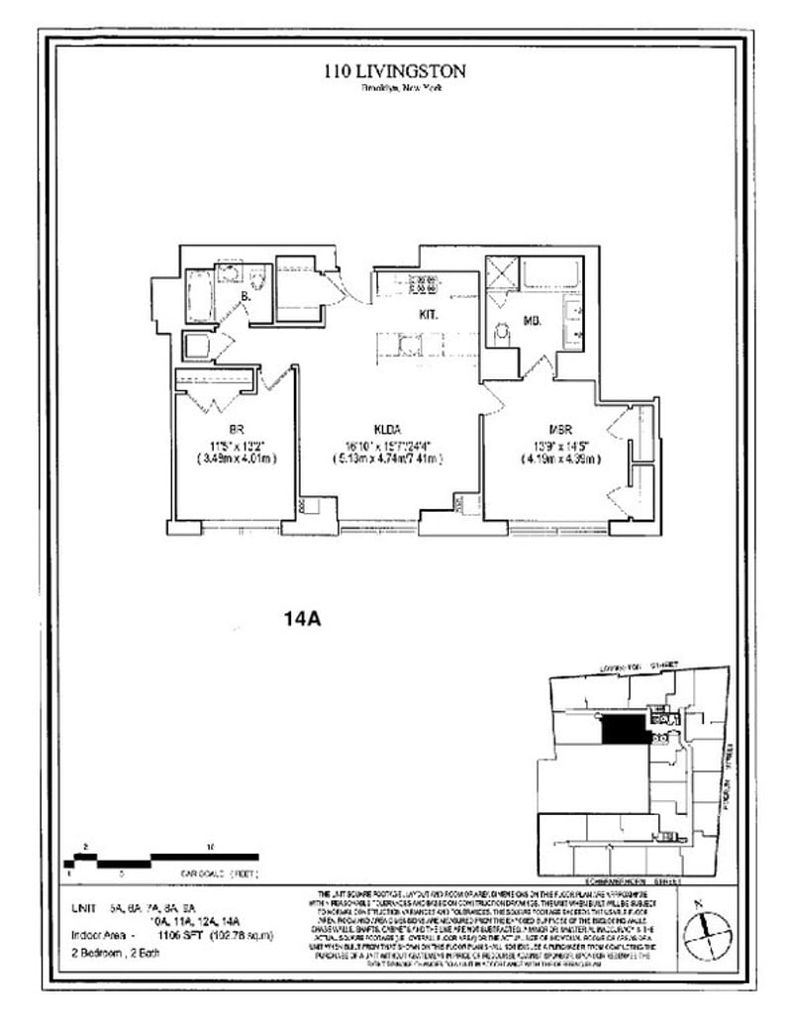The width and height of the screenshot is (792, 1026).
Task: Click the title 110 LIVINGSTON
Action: [x=395, y=71]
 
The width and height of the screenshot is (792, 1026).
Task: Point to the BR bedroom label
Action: [x=237, y=431]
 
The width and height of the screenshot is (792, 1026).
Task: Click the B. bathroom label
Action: [x=245, y=296]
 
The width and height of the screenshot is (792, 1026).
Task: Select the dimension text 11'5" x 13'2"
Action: [x=237, y=445]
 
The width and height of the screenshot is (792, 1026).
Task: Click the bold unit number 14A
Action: [x=300, y=621]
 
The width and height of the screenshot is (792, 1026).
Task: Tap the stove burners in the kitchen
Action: [x=425, y=284]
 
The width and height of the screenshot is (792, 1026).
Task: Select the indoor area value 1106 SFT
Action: [x=174, y=935]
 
